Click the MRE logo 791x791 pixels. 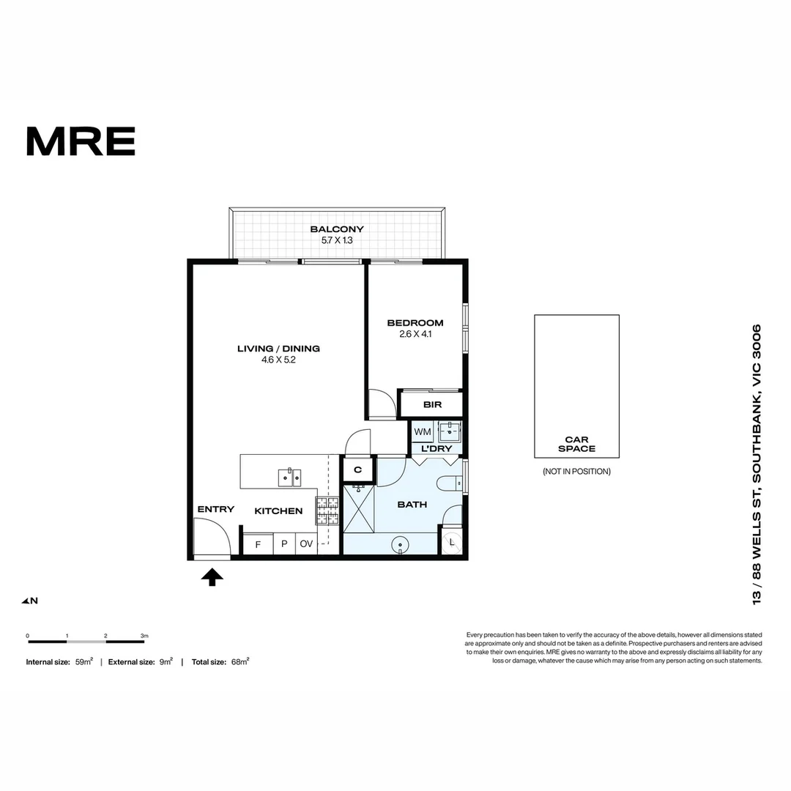click(81, 141)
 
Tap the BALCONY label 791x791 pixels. click(336, 229)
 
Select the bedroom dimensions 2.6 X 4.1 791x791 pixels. click(415, 334)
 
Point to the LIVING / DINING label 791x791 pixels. click(278, 349)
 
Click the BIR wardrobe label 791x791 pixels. click(431, 404)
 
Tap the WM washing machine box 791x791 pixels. click(423, 432)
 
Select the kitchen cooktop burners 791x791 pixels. click(327, 510)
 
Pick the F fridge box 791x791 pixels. click(257, 544)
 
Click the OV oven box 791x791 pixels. click(306, 544)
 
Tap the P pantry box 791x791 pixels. click(283, 544)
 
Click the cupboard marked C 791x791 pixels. click(358, 470)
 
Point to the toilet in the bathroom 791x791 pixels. click(450, 483)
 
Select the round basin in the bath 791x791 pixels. click(400, 544)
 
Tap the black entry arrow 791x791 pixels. click(212, 578)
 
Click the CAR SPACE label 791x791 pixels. click(576, 444)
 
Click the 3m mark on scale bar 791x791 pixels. click(144, 636)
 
